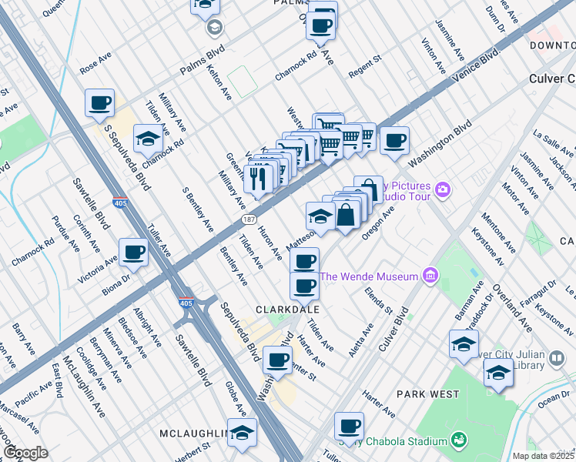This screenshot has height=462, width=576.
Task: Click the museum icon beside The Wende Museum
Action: coord(430,276)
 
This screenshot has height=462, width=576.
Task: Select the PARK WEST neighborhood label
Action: coord(422,393)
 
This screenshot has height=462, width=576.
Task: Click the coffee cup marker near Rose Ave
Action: coord(99,102)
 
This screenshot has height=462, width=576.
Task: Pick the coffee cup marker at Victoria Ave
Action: coord(134,252)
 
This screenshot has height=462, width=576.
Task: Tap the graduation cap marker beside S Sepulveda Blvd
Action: coord(146,139)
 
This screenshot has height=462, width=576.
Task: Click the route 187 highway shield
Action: coord(240,221)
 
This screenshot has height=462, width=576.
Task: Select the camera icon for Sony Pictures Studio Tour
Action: coord(442,189)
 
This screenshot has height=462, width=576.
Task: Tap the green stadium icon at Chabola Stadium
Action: coord(460,440)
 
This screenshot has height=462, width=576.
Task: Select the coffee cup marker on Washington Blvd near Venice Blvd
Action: coord(395,141)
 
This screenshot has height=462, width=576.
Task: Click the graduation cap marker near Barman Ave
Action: coord(464,344)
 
